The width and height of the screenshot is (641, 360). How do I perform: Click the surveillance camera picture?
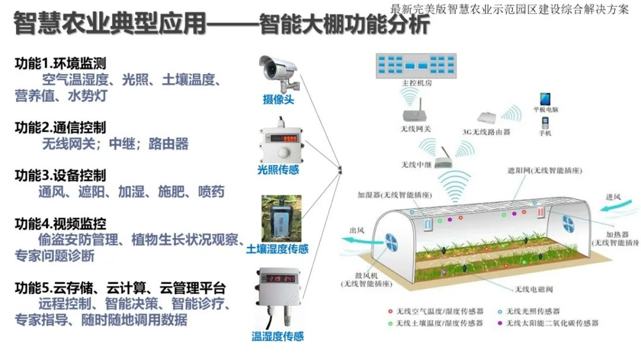pos(279,71)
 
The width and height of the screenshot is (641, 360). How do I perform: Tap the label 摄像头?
pos(278,100)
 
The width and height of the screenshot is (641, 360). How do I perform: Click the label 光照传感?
pos(278,170)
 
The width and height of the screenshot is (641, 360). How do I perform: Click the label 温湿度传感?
pos(278,336)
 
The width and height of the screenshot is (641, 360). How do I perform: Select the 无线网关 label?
pos(416,128)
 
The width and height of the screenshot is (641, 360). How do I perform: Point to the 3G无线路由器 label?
pos(486,132)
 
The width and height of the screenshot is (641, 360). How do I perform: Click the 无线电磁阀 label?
pos(533,289)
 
